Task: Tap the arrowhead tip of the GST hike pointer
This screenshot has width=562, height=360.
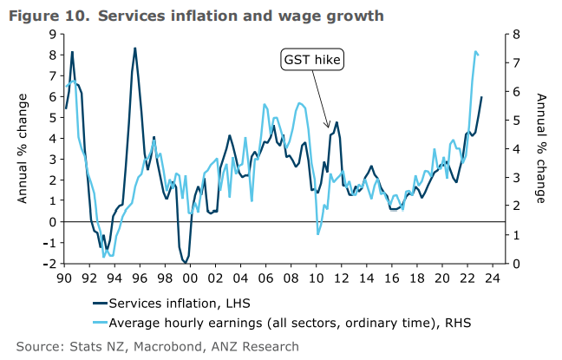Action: coord(327,127)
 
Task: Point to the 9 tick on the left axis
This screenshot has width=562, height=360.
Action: coord(53,34)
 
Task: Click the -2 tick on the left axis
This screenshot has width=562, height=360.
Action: coord(50,264)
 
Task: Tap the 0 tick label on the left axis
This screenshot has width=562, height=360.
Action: coord(53,222)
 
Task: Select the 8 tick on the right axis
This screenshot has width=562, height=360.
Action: coord(516,34)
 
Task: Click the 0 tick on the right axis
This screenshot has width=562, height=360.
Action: coord(516,264)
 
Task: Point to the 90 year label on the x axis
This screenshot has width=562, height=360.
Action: coord(63,279)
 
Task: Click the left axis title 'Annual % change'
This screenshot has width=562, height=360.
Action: coord(24,149)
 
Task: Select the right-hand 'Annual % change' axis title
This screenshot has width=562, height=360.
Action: coord(540,149)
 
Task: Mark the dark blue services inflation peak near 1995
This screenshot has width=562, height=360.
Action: coord(134,48)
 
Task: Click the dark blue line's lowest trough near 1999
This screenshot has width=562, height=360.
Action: coord(185,262)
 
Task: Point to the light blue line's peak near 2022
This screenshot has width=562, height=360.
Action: coord(475,52)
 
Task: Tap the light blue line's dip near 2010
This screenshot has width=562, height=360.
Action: coord(318,234)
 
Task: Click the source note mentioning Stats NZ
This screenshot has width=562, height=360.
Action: coord(157,346)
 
